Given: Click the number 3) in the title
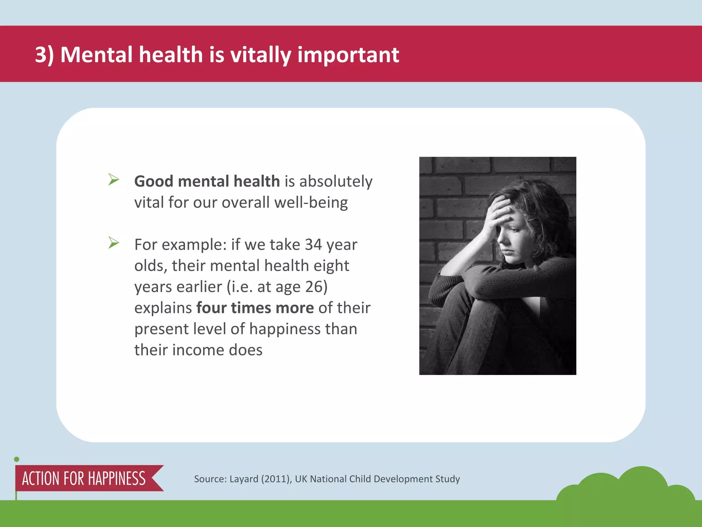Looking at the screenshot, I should [44, 55].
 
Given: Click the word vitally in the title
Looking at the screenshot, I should [260, 55].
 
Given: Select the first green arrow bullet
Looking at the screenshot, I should [113, 179].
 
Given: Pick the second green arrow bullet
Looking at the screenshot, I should [113, 243].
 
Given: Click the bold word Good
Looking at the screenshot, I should [154, 181].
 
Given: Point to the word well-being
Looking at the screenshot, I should [311, 202].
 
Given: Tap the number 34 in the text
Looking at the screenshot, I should [313, 245].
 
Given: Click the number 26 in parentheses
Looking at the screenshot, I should [314, 287].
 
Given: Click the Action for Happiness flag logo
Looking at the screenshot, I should [84, 478].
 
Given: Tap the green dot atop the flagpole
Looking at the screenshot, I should [16, 459].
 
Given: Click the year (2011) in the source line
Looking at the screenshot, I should [276, 479].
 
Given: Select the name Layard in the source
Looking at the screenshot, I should [244, 479].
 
